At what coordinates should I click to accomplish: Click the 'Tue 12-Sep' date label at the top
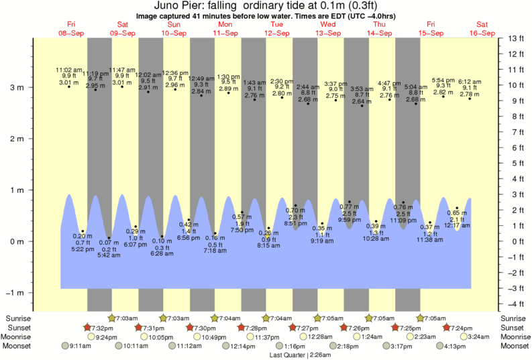coord(276,29)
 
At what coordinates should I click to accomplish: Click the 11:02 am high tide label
coord(68,69)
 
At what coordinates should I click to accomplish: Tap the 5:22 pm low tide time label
coord(83,249)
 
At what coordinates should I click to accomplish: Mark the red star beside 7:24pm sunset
coord(447,327)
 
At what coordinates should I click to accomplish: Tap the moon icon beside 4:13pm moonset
coord(440,347)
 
